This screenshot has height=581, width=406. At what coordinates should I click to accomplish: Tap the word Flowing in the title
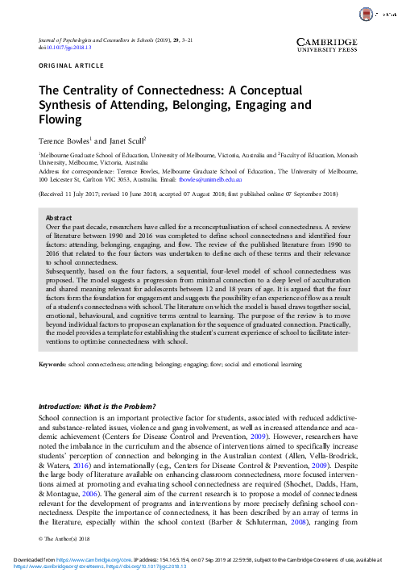(60, 120)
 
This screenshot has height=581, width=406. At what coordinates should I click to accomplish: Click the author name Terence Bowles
(66, 140)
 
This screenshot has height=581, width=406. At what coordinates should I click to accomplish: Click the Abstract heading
(59, 218)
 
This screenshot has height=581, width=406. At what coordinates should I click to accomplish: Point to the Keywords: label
(56, 365)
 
